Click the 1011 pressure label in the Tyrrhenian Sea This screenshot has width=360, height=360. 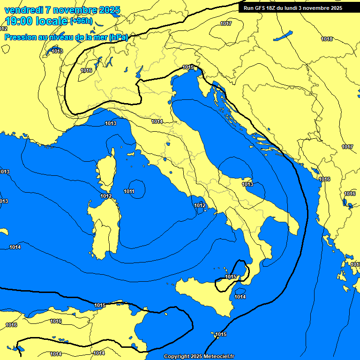click(129, 191)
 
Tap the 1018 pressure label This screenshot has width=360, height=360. click(327, 39)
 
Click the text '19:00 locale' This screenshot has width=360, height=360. click(37, 21)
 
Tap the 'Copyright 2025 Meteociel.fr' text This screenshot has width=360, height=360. click(199, 356)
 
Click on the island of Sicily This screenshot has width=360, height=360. click(206, 293)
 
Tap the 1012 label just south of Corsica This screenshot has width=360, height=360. click(106, 196)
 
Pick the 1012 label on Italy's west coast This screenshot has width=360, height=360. click(200, 205)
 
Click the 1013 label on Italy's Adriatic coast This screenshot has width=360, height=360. click(247, 184)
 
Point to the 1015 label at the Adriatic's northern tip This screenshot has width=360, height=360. click(188, 67)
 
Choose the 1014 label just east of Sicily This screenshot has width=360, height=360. click(240, 297)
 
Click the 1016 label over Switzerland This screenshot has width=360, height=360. click(86, 70)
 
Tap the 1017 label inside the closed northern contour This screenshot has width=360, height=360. click(226, 23)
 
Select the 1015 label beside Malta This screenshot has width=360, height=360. click(221, 334)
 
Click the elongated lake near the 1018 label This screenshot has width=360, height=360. click(283, 36)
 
